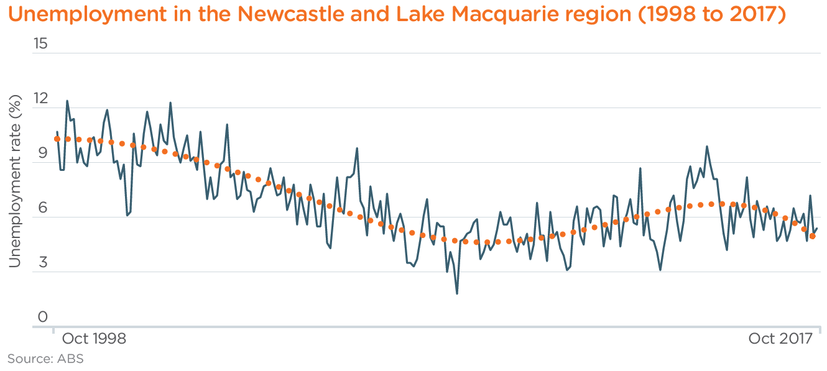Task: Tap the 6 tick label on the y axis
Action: (42, 208)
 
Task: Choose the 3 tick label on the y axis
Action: (42, 263)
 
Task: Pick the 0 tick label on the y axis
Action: (42, 318)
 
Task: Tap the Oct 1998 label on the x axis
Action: (94, 339)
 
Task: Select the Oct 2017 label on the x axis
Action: (780, 339)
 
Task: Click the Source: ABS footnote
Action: (45, 359)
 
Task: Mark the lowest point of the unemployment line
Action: (457, 293)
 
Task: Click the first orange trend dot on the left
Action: (57, 139)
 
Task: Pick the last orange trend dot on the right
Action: (813, 236)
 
